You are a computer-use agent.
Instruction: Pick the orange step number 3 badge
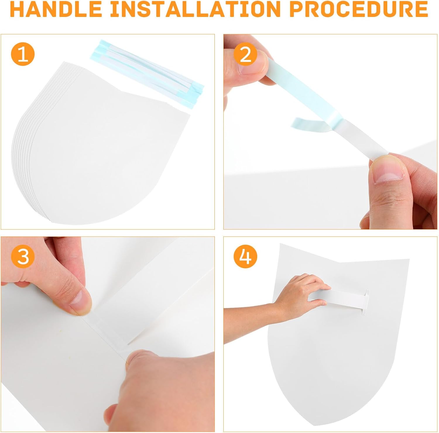(23, 256)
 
